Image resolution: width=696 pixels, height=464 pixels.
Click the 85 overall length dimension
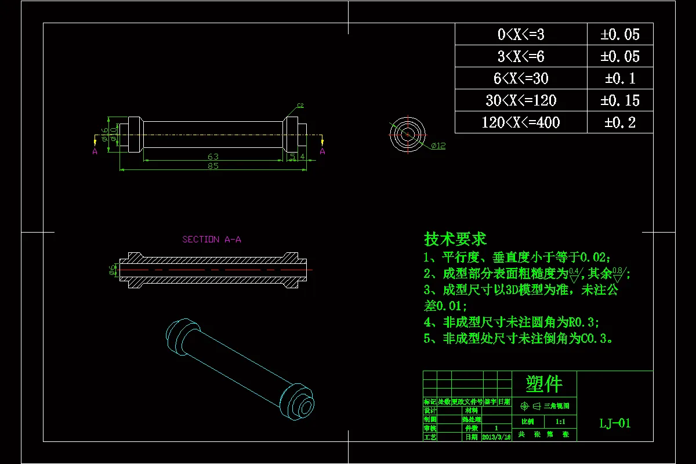(x=213, y=166)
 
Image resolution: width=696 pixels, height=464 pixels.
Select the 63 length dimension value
(x=213, y=156)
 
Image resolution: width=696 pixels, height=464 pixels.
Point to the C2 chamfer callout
(x=300, y=106)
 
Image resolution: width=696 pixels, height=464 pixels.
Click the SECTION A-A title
(x=212, y=240)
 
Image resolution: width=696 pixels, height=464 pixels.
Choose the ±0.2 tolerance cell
(x=620, y=122)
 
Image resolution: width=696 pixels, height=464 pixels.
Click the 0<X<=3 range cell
(x=521, y=35)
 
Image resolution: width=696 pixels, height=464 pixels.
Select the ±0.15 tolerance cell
(x=620, y=100)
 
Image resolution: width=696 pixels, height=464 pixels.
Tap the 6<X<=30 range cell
(x=521, y=78)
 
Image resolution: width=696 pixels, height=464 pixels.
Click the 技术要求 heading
(x=455, y=238)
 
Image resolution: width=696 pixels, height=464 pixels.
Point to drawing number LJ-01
(x=615, y=423)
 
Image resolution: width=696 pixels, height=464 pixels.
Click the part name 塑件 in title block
(x=544, y=383)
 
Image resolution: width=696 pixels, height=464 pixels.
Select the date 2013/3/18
(x=496, y=437)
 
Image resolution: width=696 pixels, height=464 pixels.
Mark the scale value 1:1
(x=561, y=422)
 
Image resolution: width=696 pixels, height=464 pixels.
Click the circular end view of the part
(x=408, y=133)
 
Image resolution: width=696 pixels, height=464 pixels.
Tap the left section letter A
(x=95, y=151)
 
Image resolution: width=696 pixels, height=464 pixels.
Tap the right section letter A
(x=322, y=151)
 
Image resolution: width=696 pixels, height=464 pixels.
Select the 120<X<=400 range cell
(x=521, y=122)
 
